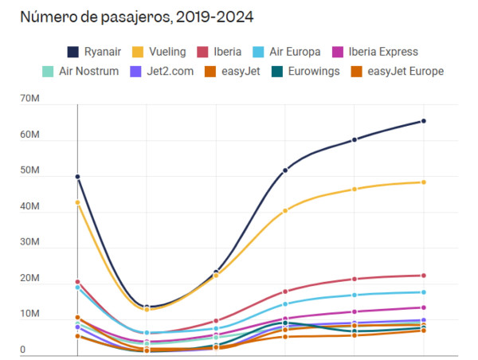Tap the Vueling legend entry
pyautogui.click(x=159, y=52)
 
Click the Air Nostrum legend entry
pyautogui.click(x=79, y=72)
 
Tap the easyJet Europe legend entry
pyautogui.click(x=395, y=72)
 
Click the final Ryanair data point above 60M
pyautogui.click(x=423, y=121)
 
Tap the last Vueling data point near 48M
pyautogui.click(x=423, y=182)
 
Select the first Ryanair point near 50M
pyautogui.click(x=77, y=177)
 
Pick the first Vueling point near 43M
pyautogui.click(x=77, y=202)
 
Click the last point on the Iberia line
pyautogui.click(x=423, y=276)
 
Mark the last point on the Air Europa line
pyautogui.click(x=423, y=292)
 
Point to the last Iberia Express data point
pyautogui.click(x=423, y=307)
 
